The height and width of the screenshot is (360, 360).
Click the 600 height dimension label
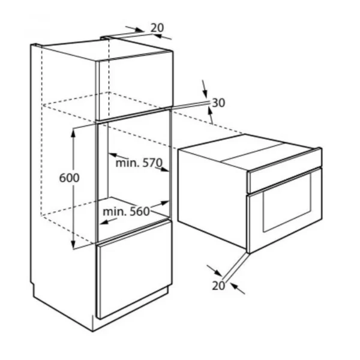coord(69,178)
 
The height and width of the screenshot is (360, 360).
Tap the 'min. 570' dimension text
coord(139,163)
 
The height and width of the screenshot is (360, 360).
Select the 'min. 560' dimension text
coord(126,211)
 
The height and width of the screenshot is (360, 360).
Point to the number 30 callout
coord(218,103)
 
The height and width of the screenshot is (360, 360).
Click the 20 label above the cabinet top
coord(157,28)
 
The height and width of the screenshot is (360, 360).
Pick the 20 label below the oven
coord(218,286)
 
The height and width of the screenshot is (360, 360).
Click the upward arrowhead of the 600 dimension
coord(73,132)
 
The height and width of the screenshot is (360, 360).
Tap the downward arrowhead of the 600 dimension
coord(73,244)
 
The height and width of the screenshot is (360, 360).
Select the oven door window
coord(287,202)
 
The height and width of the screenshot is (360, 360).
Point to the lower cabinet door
coord(134,269)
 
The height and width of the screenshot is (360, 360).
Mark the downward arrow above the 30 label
coord(205,89)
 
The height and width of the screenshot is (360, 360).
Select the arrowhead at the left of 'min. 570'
coord(113,155)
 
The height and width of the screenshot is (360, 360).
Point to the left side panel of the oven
coord(212,197)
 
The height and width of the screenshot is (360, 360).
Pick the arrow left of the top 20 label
coord(135,29)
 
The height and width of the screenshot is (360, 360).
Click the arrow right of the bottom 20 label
coord(238,289)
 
